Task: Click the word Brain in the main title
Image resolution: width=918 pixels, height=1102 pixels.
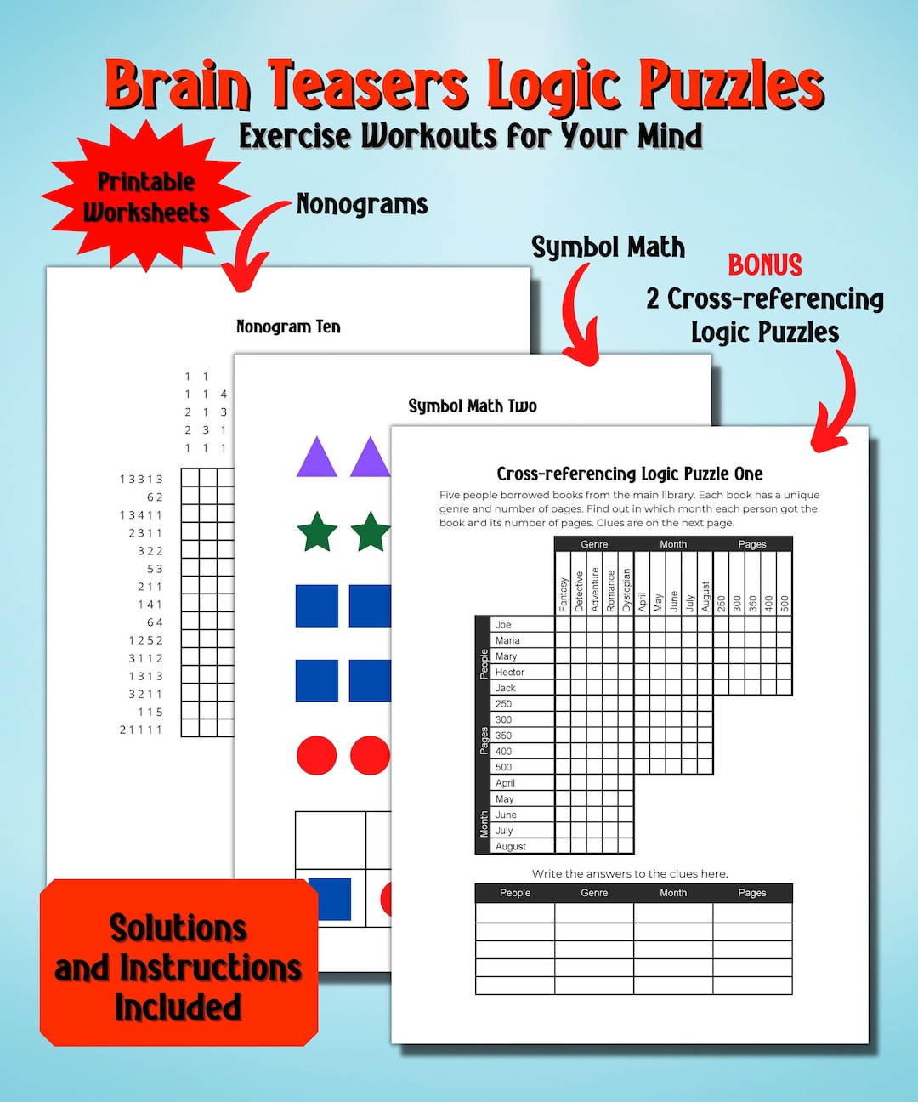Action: [x=177, y=85]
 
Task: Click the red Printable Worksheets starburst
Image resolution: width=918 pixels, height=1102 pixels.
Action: [x=146, y=196]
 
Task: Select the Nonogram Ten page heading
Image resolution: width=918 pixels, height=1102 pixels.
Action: [x=288, y=327]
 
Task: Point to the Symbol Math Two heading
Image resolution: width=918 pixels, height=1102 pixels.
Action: [x=473, y=406]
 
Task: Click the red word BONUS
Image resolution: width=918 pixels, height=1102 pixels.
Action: [x=765, y=265]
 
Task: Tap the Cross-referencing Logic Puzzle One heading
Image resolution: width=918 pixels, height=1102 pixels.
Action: [x=630, y=474]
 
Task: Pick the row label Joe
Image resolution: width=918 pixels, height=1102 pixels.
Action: [x=503, y=624]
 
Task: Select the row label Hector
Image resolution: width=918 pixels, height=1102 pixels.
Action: [x=510, y=672]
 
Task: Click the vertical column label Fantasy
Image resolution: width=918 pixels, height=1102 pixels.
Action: [x=563, y=594]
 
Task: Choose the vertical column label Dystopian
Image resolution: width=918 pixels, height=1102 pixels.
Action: [x=626, y=590]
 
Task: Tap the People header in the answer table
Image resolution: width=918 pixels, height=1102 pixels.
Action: [x=515, y=893]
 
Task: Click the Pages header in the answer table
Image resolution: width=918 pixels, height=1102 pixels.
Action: [x=752, y=893]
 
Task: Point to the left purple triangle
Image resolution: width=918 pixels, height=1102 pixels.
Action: [x=317, y=457]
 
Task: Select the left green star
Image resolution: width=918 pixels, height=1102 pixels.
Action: [x=317, y=531]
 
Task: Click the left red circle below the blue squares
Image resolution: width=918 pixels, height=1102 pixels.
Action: [x=317, y=755]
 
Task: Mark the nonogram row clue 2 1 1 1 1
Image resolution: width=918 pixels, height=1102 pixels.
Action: [x=141, y=730]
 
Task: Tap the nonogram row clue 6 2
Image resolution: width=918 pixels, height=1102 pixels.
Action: [x=155, y=497]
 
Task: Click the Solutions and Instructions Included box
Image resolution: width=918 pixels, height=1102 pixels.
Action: [x=178, y=967]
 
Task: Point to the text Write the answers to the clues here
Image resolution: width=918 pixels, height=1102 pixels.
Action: [x=630, y=873]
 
